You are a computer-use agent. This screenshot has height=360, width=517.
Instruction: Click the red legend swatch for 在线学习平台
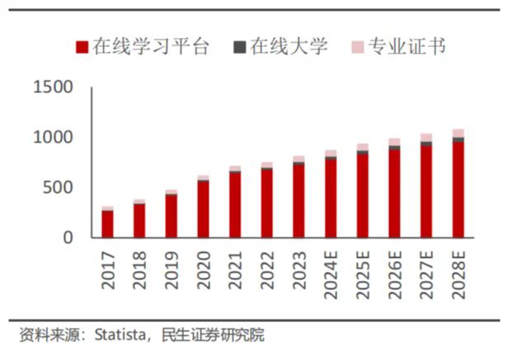[81, 47]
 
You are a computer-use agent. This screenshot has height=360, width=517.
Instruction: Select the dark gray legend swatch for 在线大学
[239, 47]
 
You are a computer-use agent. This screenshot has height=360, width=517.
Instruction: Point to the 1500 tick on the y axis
[53, 88]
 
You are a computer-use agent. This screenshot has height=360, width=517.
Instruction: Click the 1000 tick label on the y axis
[53, 138]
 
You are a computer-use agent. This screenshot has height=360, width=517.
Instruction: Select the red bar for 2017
[107, 224]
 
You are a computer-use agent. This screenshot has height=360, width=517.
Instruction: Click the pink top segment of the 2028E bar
[458, 133]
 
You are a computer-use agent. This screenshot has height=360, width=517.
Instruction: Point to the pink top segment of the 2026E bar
[394, 142]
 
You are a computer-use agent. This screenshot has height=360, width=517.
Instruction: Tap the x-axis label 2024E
[331, 273]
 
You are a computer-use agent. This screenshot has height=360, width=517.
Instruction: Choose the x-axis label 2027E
[426, 273]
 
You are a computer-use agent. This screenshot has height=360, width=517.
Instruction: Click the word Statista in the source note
[120, 335]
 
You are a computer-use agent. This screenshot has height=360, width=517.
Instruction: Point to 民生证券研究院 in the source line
[213, 335]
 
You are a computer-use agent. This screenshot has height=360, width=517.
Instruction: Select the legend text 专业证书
[407, 47]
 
